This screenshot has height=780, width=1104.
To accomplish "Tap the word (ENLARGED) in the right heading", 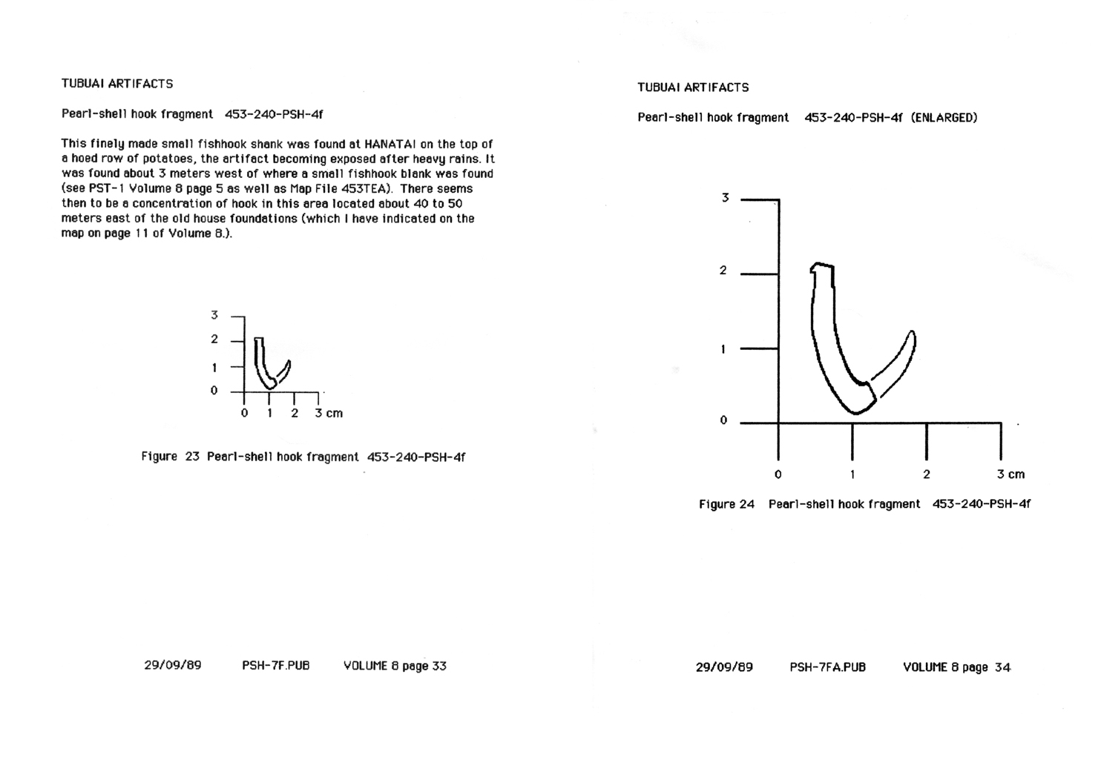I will (944, 118).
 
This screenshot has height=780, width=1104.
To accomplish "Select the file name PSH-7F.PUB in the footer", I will (275, 666).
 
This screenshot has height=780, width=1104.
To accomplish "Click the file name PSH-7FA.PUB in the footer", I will (827, 667).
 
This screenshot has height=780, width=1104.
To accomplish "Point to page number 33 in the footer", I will (438, 666).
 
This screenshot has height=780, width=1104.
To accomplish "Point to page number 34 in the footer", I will (1002, 667).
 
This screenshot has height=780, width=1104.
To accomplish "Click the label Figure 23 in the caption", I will (170, 457).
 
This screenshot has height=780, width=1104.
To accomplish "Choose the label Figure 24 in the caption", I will (726, 504).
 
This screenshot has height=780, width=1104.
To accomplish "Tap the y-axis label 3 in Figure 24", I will (725, 198).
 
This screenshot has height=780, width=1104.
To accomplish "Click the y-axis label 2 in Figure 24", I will (723, 271).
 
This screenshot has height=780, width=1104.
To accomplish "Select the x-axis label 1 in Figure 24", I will (852, 475).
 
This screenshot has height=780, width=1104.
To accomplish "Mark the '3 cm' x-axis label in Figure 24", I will (1011, 475).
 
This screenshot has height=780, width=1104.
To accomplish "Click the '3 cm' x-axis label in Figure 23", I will (329, 414).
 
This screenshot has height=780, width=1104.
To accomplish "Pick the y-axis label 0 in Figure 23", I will (214, 391).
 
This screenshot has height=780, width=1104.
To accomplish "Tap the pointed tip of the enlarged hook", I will (912, 332).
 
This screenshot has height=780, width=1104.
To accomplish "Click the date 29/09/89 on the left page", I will (172, 666).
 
